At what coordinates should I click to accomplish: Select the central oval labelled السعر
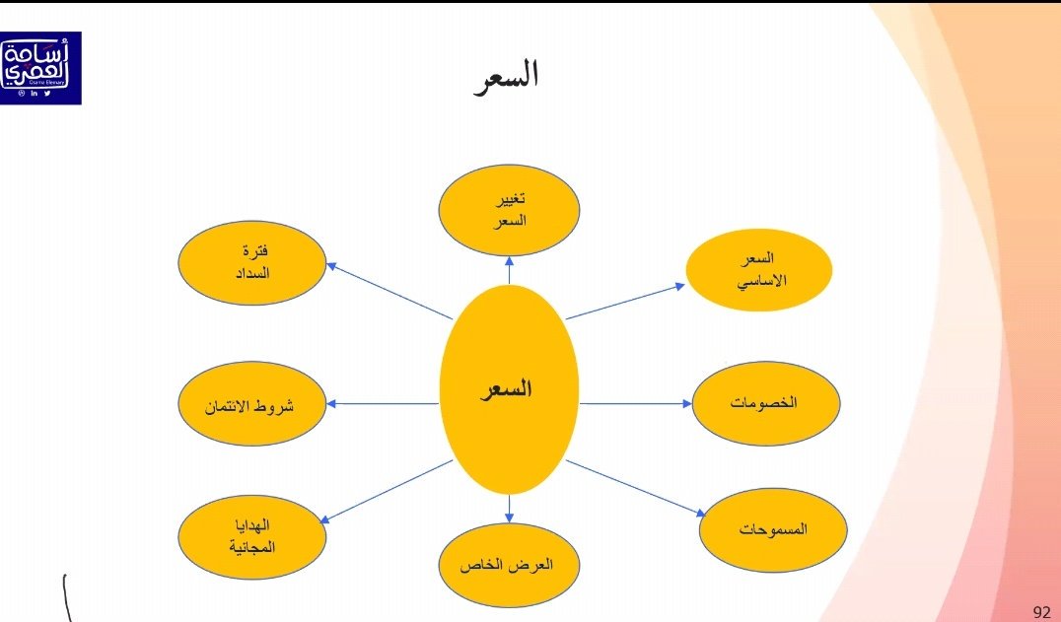pyautogui.click(x=509, y=389)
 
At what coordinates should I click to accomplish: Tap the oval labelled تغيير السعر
pyautogui.click(x=509, y=210)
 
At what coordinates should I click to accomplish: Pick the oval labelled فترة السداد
pyautogui.click(x=252, y=262)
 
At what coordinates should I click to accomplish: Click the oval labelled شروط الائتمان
pyautogui.click(x=252, y=404)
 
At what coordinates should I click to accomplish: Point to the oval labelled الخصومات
pyautogui.click(x=766, y=403)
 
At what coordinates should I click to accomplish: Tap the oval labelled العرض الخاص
pyautogui.click(x=509, y=566)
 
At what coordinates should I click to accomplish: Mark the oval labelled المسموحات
pyautogui.click(x=773, y=528)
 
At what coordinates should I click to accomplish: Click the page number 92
pyautogui.click(x=1041, y=612)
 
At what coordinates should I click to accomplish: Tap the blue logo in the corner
pyautogui.click(x=40, y=67)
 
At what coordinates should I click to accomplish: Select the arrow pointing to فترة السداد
pyautogui.click(x=389, y=291)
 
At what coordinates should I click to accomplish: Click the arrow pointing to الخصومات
pyautogui.click(x=637, y=403)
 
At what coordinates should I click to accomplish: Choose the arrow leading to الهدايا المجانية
pyautogui.click(x=386, y=491)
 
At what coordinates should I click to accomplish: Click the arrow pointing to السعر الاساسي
pyautogui.click(x=626, y=301)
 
